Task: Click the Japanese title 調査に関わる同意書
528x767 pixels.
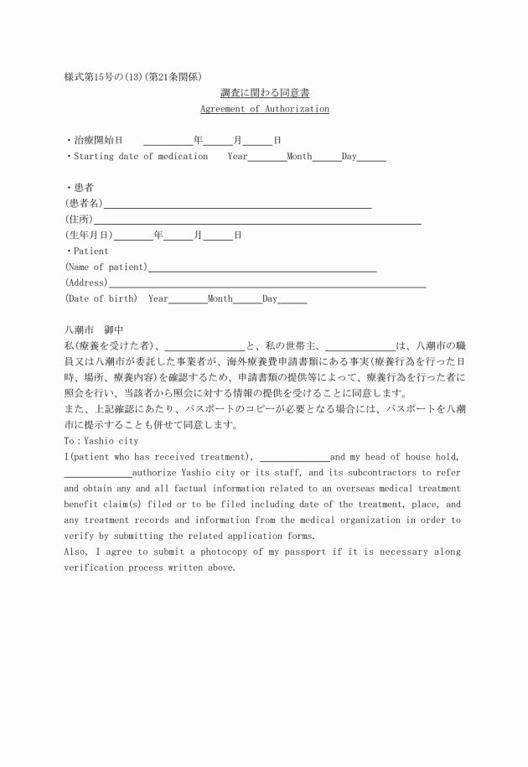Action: point(264,92)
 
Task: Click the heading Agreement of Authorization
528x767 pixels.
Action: point(264,109)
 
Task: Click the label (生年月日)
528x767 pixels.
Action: point(89,236)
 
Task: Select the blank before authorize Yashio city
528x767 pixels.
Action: point(97,473)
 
